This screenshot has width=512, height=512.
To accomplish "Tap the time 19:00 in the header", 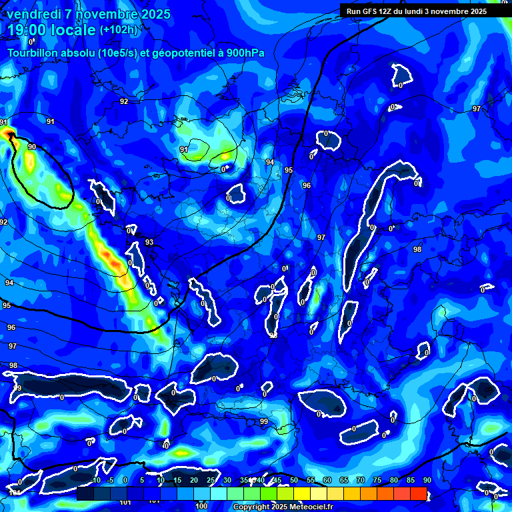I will tap(28, 31).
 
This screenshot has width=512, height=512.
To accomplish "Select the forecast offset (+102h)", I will tap(119, 30).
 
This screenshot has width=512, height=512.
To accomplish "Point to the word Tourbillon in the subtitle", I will tap(32, 53).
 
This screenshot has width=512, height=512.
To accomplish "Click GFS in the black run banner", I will tap(373, 11).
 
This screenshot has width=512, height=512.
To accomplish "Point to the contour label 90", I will tap(31, 147).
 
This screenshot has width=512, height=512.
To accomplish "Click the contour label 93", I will tap(149, 243).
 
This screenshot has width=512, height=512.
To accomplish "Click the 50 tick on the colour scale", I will tap(294, 481).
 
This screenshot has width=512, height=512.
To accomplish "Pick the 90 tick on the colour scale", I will tap(427, 481).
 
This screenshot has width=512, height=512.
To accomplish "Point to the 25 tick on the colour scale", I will tap(211, 481).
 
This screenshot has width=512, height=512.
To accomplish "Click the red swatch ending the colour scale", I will tap(418, 493).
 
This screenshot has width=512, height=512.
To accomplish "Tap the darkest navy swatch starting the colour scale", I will tap(85, 493).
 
